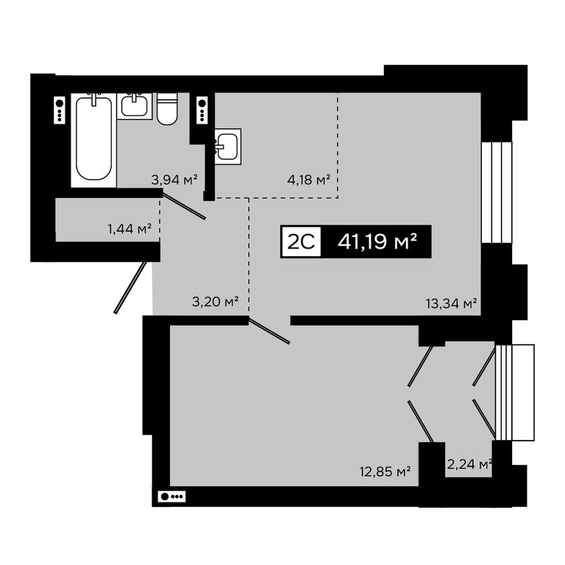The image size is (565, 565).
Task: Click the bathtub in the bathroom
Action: (93, 140)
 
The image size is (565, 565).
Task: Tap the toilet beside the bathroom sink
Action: (167, 109)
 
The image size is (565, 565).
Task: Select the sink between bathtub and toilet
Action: (135, 106)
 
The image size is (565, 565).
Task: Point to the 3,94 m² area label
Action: (174, 179)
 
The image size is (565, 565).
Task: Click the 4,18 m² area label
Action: (309, 179)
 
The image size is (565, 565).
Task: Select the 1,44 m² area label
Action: (129, 229)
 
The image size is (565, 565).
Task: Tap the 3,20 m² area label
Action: (215, 301)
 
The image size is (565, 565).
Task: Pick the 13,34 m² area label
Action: (452, 303)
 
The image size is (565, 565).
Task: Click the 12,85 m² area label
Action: (385, 472)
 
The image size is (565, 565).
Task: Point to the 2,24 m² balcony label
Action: (469, 464)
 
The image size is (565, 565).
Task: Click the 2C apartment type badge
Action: (301, 241)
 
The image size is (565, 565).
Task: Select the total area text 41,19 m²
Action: (377, 241)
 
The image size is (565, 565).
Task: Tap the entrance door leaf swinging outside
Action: (130, 287)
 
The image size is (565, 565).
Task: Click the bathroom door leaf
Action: (184, 206)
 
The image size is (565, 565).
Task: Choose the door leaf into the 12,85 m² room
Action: (269, 330)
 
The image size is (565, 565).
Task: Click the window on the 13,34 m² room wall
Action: (497, 192)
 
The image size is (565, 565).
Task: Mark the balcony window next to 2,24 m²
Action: (514, 392)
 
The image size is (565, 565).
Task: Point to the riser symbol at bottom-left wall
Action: (171, 497)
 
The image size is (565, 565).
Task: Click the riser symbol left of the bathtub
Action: (60, 110)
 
